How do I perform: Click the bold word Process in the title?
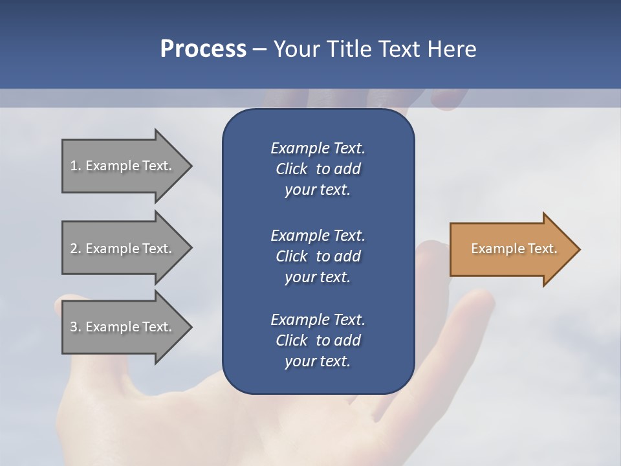click(203, 49)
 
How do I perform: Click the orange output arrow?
click(511, 249)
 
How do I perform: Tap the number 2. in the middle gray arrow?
click(76, 249)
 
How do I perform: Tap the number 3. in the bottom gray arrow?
click(76, 327)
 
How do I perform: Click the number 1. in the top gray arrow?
click(75, 166)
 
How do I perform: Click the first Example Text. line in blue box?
click(318, 148)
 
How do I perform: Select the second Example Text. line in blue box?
click(318, 235)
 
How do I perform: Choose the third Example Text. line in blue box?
click(318, 320)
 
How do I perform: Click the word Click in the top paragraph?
click(292, 169)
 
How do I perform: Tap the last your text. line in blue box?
click(318, 361)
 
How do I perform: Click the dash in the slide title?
click(259, 50)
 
